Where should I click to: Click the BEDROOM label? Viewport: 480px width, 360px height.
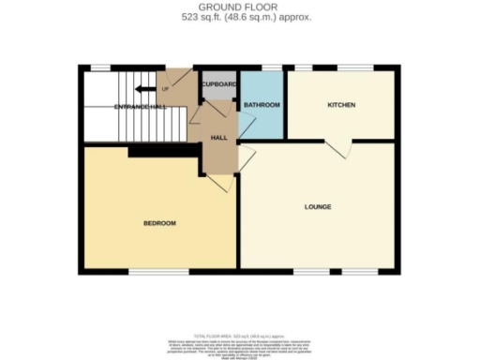(159, 223)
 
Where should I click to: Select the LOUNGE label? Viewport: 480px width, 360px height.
(317, 206)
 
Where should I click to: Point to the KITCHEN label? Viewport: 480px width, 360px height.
(340, 105)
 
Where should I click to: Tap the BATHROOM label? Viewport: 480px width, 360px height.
(261, 105)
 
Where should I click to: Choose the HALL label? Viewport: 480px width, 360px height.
(218, 137)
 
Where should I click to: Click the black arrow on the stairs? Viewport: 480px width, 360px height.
(144, 89)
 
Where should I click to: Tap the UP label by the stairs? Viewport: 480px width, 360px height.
(166, 89)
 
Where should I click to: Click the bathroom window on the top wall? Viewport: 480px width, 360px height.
(272, 67)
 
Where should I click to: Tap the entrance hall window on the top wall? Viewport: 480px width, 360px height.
(101, 67)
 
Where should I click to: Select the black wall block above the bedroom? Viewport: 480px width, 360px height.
(164, 150)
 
